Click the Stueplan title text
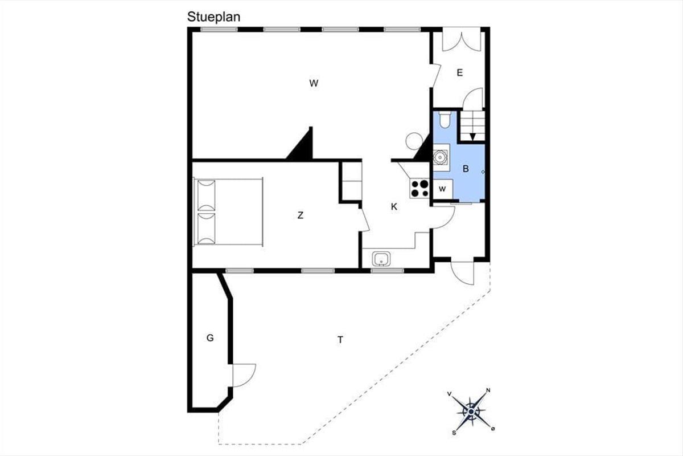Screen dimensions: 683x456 pos(214,17)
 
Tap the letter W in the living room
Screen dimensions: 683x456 pos(314,83)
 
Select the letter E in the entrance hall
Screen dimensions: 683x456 pos(460,73)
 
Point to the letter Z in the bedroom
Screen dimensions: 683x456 pos(301,215)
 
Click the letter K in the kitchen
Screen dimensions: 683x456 pos(394,207)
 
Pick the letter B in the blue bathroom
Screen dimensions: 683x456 pos(466,169)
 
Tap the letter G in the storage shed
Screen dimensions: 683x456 pos(210,338)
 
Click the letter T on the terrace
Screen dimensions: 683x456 pos(340,339)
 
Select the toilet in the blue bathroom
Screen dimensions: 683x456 pos(445,120)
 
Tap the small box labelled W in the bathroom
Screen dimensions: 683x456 pos(443,189)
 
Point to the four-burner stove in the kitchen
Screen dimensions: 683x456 pos(419,189)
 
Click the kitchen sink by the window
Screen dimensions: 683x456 pos(381,259)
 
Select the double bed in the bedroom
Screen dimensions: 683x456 pos(228,212)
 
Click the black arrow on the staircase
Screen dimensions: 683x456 pos(472,137)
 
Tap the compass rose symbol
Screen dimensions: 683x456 pos(471,412)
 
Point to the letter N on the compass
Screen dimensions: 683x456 pos(488,390)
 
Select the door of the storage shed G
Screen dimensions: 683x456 pos(244,376)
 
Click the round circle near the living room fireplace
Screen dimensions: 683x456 pos(414,141)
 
